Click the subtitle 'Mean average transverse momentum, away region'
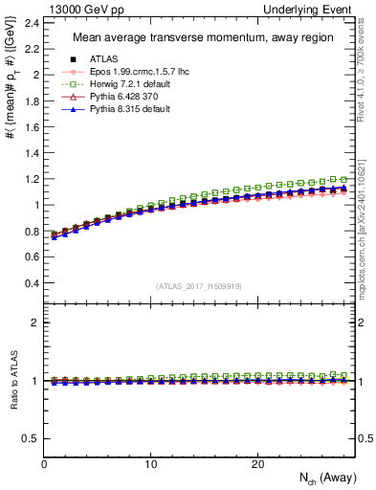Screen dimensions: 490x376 (x=197, y=38)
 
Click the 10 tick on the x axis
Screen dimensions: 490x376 (x=150, y=464)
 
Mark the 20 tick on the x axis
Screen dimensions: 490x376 (x=256, y=464)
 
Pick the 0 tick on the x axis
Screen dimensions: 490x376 (x=44, y=464)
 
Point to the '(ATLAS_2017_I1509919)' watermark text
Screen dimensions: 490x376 (x=198, y=285)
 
